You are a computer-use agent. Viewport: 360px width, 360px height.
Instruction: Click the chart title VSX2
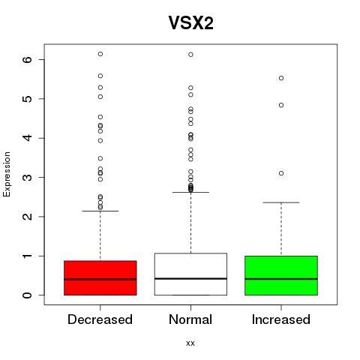(x=191, y=23)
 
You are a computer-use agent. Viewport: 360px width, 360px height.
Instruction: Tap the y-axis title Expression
(x=7, y=174)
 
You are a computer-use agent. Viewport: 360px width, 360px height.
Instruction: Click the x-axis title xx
(x=190, y=343)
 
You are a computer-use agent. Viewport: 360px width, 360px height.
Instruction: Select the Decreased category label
(x=100, y=319)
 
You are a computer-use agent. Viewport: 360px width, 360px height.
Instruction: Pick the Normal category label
(x=190, y=319)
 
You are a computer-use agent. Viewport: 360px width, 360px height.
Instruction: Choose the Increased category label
(x=281, y=319)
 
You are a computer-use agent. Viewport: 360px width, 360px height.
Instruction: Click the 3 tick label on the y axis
(x=28, y=177)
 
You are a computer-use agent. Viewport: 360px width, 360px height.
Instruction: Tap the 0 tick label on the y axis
(x=28, y=295)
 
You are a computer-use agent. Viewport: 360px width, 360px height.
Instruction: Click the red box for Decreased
(x=100, y=278)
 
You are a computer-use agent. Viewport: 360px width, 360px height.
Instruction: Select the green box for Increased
(x=281, y=275)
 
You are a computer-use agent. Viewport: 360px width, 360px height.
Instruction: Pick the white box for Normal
(x=190, y=274)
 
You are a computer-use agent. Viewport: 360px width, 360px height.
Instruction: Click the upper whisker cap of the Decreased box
(x=100, y=211)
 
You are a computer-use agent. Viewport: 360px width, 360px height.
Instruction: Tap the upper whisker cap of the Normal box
(x=190, y=192)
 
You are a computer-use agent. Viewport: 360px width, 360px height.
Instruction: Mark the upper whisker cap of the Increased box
(x=281, y=202)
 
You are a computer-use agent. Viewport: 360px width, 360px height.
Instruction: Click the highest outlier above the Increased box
(x=281, y=78)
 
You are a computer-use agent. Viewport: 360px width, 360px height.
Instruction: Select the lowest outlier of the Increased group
(x=281, y=173)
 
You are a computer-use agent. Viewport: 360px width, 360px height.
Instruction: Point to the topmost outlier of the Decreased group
(x=100, y=54)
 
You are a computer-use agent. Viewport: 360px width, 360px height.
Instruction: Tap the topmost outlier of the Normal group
(x=190, y=55)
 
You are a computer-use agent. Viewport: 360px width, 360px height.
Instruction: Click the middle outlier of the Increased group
(x=281, y=105)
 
